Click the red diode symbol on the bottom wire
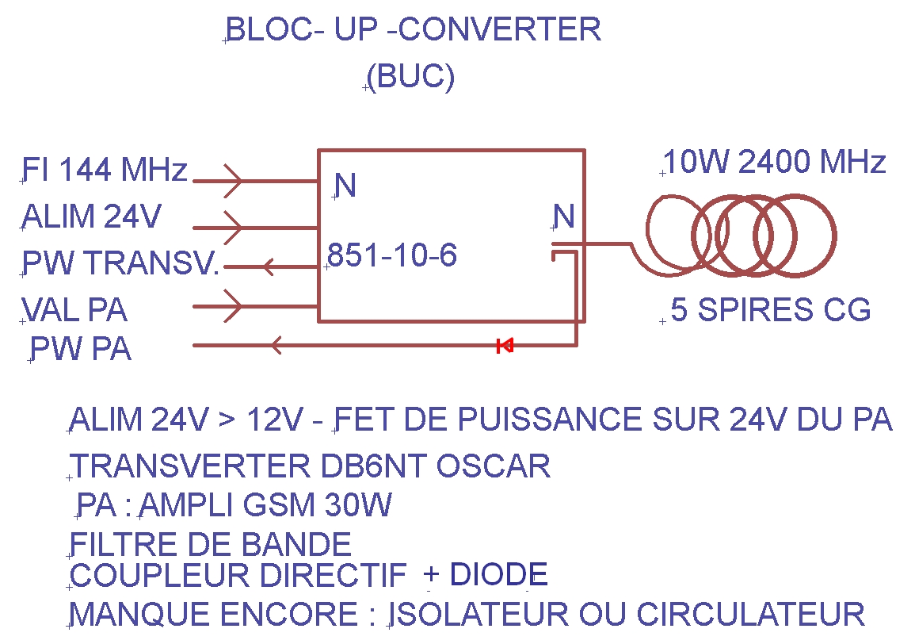505,345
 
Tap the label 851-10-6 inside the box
393,255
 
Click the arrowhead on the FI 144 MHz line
233,180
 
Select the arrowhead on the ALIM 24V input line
233,228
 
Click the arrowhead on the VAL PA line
233,306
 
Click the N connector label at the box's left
345,186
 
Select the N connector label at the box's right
564,217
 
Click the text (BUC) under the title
411,77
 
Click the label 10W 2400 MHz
775,163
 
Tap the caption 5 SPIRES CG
771,310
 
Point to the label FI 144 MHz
105,170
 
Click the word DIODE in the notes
498,574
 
